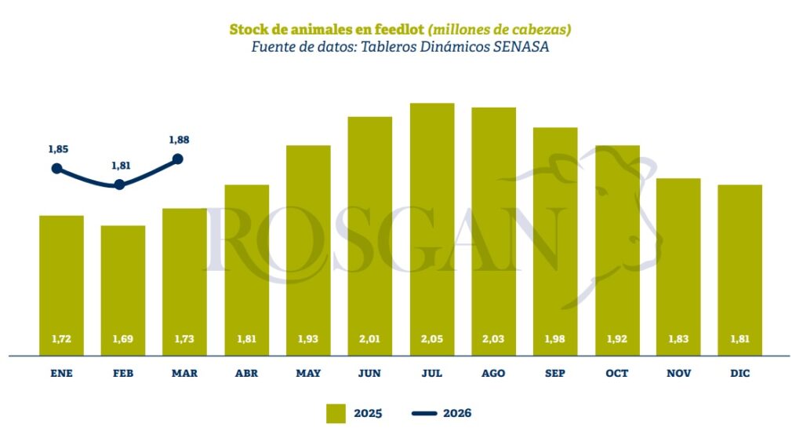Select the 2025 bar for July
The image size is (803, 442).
[x=432, y=228]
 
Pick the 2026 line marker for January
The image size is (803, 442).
[x=56, y=168]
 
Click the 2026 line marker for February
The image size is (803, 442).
[x=119, y=184]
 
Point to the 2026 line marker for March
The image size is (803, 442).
[x=177, y=159]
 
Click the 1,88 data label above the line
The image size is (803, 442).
[x=179, y=140]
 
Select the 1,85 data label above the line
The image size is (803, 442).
[x=58, y=148]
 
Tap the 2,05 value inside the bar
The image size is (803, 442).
[x=432, y=339]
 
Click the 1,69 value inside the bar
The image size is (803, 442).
[x=123, y=339]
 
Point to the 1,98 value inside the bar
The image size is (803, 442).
[x=555, y=339]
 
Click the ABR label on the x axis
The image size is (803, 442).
[x=246, y=374]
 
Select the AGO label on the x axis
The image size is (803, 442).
[x=493, y=374]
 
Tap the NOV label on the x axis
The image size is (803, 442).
[x=678, y=374]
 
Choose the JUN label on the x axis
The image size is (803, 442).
[x=370, y=374]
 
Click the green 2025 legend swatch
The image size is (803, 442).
[x=336, y=413]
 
